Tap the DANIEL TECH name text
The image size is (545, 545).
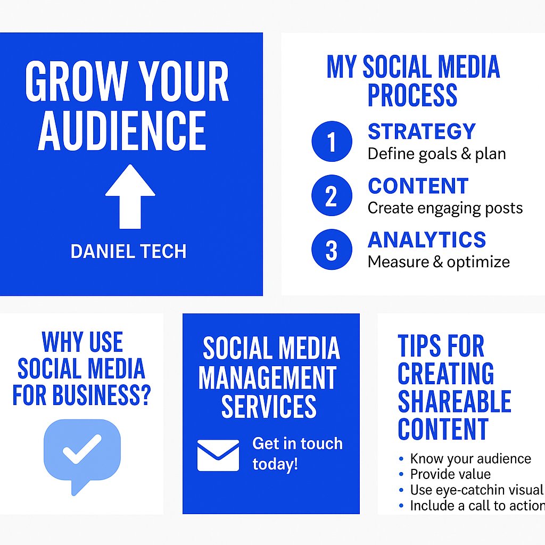pyautogui.click(x=128, y=252)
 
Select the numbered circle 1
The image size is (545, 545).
pyautogui.click(x=332, y=142)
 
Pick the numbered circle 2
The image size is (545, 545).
pyautogui.click(x=332, y=196)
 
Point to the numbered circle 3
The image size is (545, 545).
pyautogui.click(x=332, y=250)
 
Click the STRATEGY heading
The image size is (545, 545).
pyautogui.click(x=422, y=131)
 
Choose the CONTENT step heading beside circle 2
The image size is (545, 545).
pyautogui.click(x=418, y=186)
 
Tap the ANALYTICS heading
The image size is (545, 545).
pyautogui.click(x=427, y=240)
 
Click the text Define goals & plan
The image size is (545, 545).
pyautogui.click(x=436, y=154)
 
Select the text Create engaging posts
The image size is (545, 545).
pyautogui.click(x=445, y=208)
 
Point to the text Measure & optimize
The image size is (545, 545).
pyautogui.click(x=439, y=262)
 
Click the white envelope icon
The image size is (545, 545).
pyautogui.click(x=218, y=455)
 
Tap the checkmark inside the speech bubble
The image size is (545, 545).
pyautogui.click(x=82, y=449)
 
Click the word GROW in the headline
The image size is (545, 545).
pyautogui.click(x=71, y=82)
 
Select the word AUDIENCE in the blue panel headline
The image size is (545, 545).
pyautogui.click(x=122, y=131)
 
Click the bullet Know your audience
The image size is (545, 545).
pyautogui.click(x=470, y=459)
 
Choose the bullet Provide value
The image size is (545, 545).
pyautogui.click(x=450, y=474)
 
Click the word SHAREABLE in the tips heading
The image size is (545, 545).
pyautogui.click(x=454, y=401)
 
